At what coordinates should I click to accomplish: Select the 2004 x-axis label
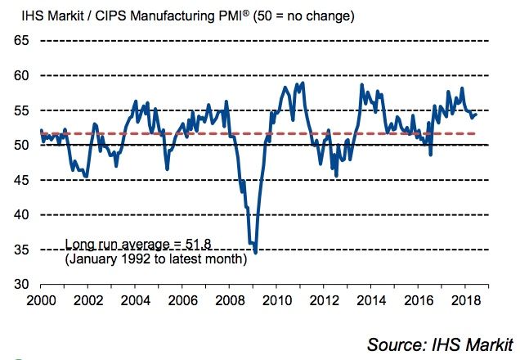point(136,300)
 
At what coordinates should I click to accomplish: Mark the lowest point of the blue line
point(256,253)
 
